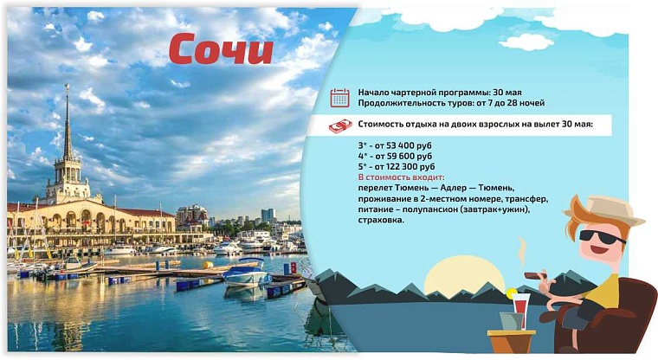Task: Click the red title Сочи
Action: pyautogui.click(x=220, y=50)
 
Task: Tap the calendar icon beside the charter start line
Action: pyautogui.click(x=339, y=97)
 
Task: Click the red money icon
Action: pyautogui.click(x=339, y=126)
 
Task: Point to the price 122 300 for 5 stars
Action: pyautogui.click(x=403, y=166)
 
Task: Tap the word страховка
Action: pyautogui.click(x=379, y=219)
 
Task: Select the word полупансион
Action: pyautogui.click(x=429, y=209)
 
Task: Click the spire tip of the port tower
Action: pyautogui.click(x=66, y=87)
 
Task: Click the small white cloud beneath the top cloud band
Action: pyautogui.click(x=526, y=42)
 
